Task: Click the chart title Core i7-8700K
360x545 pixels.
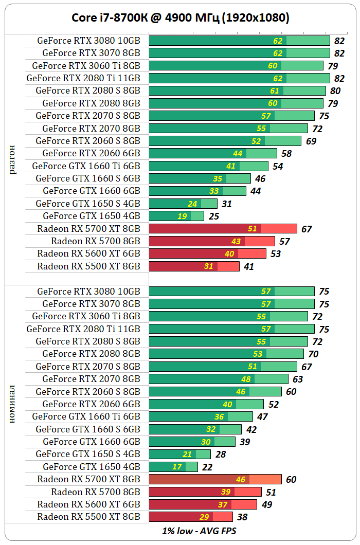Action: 180,18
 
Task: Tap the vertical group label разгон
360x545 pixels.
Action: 13,159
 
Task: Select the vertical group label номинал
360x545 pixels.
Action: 13,404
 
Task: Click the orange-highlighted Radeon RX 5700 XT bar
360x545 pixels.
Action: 215,479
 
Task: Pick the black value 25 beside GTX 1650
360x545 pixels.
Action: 214,216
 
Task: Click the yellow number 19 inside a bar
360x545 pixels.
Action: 183,216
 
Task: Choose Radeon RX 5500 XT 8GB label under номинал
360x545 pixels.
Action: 88,517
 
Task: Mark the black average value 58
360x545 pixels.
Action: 286,154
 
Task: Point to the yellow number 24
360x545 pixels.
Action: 192,204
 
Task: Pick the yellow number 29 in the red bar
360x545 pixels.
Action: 204,517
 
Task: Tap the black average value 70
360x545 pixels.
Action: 313,354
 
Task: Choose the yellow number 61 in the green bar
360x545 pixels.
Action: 274,91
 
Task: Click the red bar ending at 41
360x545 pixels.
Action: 194,266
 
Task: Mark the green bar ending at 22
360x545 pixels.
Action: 173,467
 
